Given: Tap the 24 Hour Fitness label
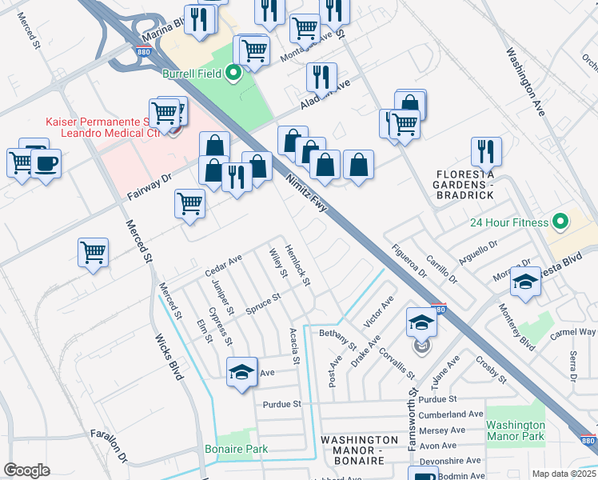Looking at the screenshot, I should pos(508,222).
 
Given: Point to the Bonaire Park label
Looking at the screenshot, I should pos(236,449).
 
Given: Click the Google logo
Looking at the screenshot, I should pos(26,470).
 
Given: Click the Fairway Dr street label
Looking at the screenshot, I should pos(149,188).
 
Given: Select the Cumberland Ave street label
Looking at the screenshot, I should pos(451,414).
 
